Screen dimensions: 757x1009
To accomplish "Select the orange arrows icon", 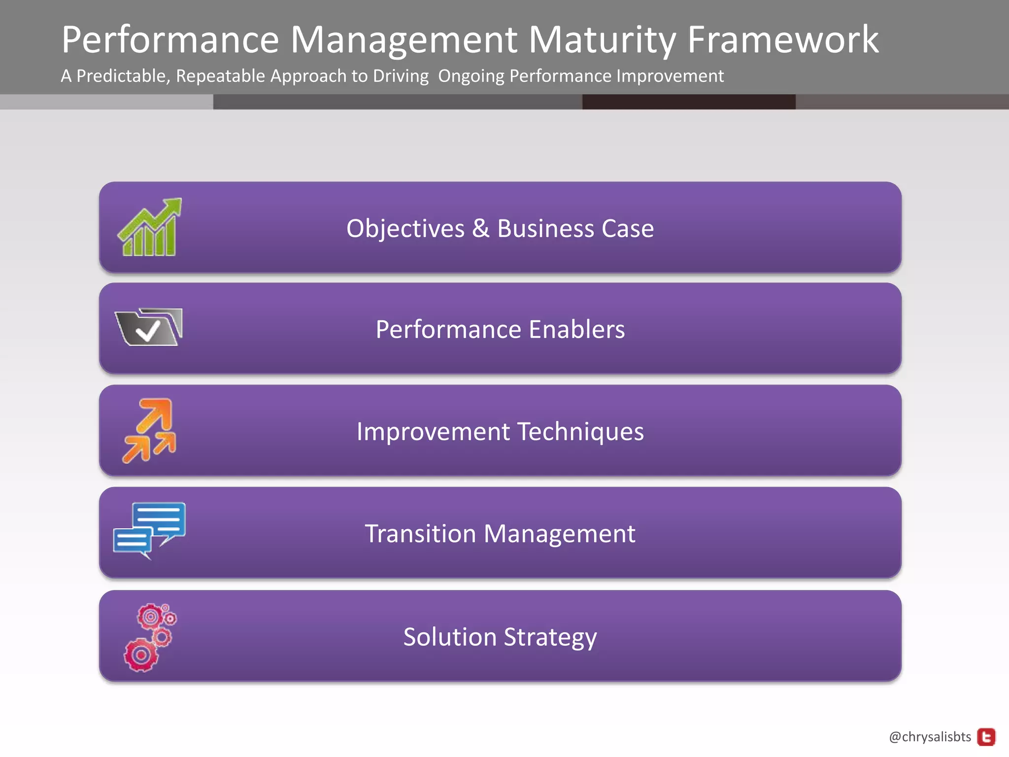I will point(149,431).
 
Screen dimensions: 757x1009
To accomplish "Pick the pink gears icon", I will point(150,637).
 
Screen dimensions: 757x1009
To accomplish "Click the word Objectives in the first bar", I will point(405,229).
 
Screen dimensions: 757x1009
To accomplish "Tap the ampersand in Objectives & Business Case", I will point(480,229).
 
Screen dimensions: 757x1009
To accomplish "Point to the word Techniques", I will point(580,432).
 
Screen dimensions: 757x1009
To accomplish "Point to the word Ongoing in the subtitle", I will point(471,76).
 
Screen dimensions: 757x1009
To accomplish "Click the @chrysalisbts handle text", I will point(930,737).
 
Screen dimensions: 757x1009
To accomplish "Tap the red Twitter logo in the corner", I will point(986,737).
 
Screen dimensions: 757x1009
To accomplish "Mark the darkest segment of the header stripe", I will point(688,102).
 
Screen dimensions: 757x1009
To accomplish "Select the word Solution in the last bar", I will point(449,637).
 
